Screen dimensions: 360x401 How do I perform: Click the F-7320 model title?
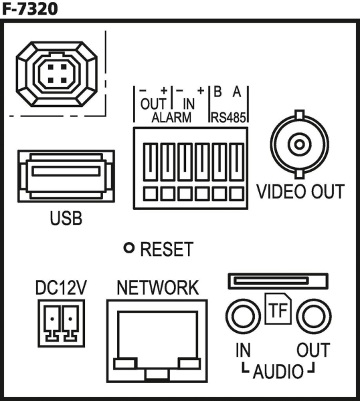[29, 9]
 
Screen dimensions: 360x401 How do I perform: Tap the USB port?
[66, 176]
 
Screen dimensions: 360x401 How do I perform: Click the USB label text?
[66, 218]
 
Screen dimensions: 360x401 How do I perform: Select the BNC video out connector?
[299, 144]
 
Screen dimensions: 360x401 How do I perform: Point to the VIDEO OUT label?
[300, 191]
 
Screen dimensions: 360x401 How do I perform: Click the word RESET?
[167, 249]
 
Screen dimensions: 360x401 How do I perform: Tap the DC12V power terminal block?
[61, 323]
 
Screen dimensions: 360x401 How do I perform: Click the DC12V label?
[61, 287]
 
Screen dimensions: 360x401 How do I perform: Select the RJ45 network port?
[157, 341]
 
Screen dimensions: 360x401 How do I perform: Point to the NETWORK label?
[157, 287]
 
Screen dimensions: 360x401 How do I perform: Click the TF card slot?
[278, 281]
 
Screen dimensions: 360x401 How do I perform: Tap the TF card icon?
[278, 309]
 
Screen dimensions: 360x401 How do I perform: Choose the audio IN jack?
[243, 316]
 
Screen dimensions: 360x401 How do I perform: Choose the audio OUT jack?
[314, 316]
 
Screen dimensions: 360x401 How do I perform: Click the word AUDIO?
[278, 372]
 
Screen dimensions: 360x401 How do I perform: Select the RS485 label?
[228, 118]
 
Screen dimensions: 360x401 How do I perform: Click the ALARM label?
[171, 118]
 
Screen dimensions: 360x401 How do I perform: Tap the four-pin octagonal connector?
[57, 74]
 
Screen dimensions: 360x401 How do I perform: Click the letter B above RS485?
[217, 92]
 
